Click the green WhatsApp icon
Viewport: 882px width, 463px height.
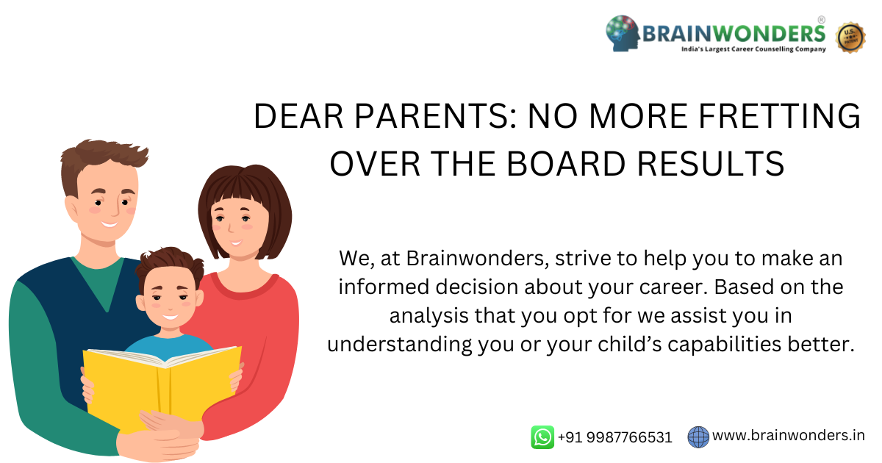(542, 437)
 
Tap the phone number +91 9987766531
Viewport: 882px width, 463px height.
(614, 437)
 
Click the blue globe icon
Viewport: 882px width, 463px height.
(698, 437)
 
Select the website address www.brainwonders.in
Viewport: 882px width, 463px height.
(788, 435)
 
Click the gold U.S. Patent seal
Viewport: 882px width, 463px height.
(850, 37)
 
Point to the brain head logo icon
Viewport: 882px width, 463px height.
(623, 33)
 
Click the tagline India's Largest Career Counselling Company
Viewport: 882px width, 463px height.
(753, 49)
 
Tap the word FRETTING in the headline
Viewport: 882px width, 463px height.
(779, 116)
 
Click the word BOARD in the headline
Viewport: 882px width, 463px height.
(566, 164)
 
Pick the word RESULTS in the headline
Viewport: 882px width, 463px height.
(711, 164)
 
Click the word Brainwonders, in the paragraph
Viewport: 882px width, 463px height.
(477, 259)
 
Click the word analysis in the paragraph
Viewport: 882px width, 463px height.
(429, 316)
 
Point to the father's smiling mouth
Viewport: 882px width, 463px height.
(109, 224)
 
